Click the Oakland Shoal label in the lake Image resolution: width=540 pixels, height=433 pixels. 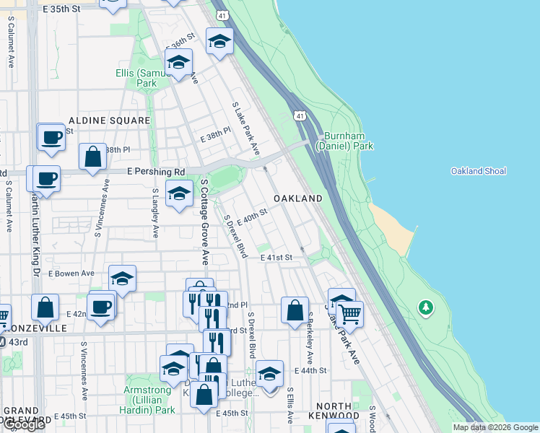point(478,171)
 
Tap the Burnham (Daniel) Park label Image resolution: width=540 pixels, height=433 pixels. point(348,141)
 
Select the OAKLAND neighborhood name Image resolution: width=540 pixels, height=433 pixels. point(297,198)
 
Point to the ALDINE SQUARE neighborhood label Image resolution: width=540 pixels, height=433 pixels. point(109,121)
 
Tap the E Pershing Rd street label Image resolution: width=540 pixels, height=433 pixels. point(156,172)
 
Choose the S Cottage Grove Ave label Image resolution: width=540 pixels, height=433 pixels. point(204,222)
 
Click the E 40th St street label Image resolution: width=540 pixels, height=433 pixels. point(252,214)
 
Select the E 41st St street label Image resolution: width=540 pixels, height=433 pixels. point(276,257)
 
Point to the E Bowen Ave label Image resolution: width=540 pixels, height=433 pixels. point(71,274)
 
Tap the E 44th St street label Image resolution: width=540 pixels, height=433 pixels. point(310,370)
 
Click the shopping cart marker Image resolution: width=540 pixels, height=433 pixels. point(349,314)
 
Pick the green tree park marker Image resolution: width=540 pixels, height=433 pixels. point(426,308)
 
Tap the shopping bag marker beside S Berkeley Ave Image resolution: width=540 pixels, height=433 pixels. point(295,311)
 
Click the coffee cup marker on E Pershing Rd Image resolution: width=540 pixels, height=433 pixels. point(46,178)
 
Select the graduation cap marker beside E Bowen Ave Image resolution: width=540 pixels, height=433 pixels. point(123,279)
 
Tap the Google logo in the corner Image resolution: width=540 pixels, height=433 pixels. point(24,425)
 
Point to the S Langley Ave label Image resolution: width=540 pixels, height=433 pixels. point(155,214)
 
